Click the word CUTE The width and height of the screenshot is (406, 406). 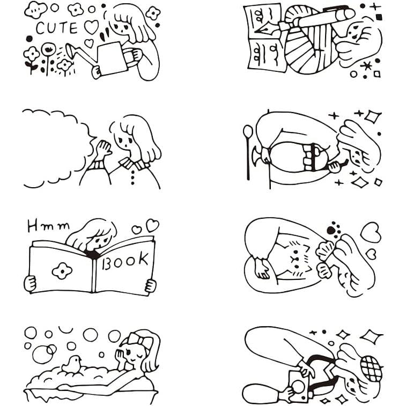(57, 28)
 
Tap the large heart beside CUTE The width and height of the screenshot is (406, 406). (91, 27)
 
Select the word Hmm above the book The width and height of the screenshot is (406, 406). (49, 226)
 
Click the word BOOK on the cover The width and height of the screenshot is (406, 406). (126, 261)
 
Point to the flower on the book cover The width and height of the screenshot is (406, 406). (62, 271)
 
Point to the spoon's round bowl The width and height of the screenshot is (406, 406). (248, 131)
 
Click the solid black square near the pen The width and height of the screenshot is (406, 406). (379, 17)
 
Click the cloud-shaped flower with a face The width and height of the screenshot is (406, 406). (36, 10)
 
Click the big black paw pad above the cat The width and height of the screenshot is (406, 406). (331, 230)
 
